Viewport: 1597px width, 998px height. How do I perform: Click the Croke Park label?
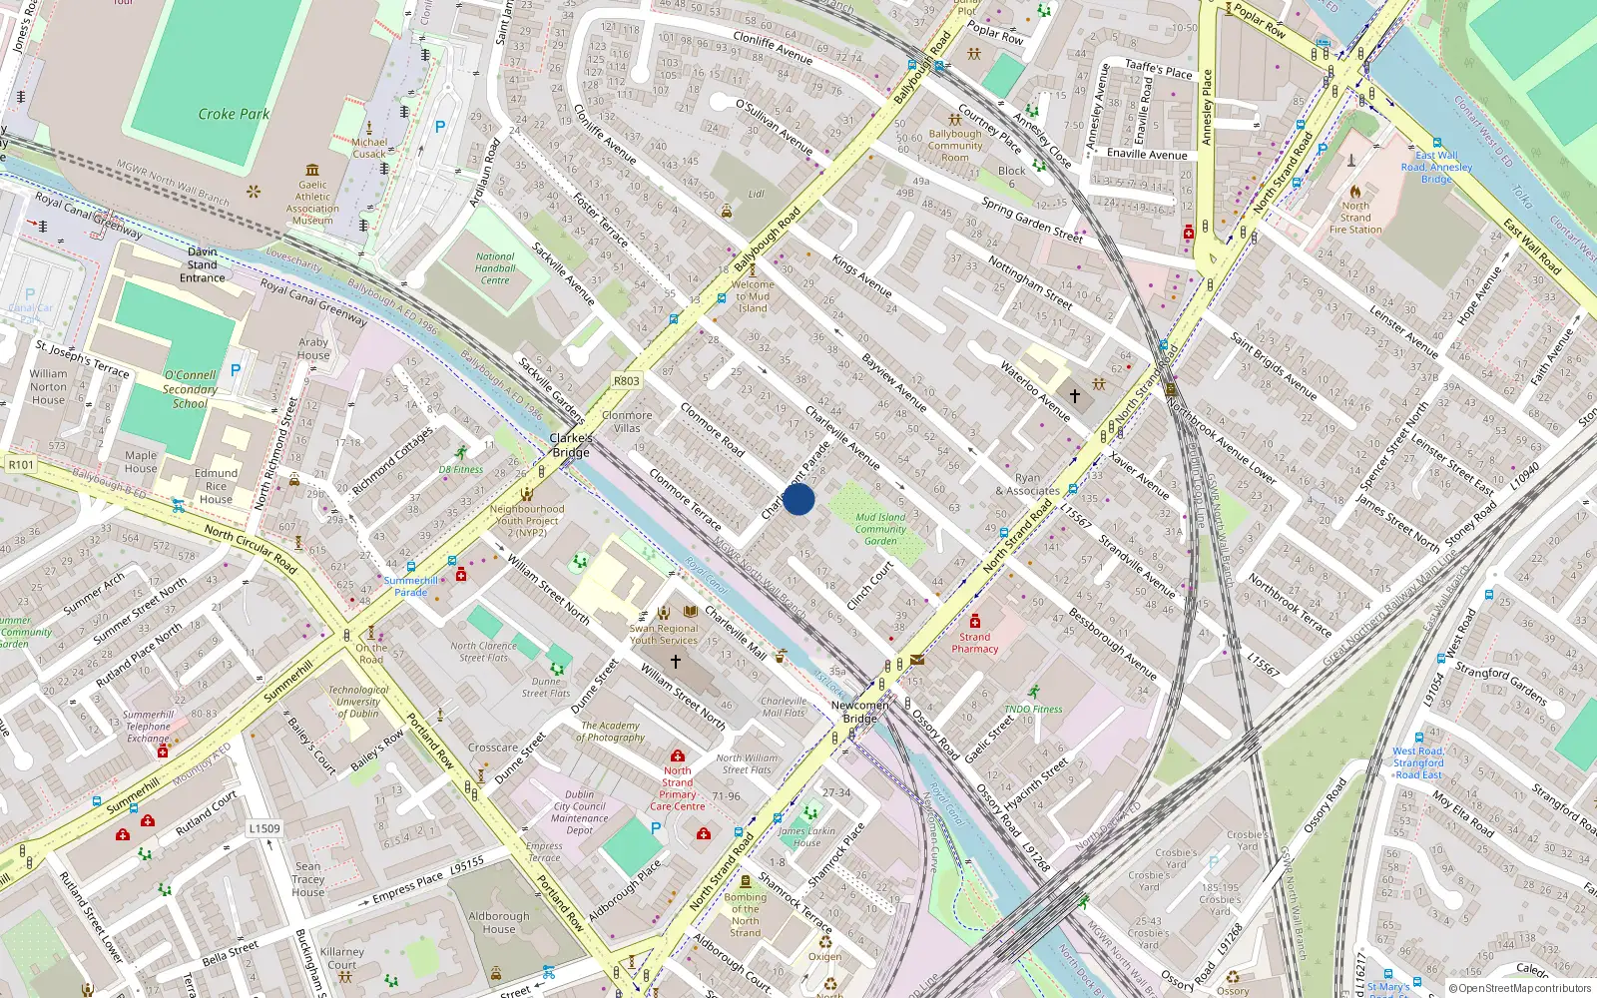click(x=234, y=114)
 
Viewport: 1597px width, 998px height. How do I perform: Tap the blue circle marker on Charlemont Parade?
click(x=798, y=499)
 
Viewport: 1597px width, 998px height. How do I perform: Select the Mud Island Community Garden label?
click(x=880, y=529)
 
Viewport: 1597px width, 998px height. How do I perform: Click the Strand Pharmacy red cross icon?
click(x=975, y=621)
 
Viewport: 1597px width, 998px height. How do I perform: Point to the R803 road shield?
click(x=627, y=381)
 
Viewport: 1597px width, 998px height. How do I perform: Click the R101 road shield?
click(x=21, y=464)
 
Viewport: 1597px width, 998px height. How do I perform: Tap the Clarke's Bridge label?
click(x=571, y=445)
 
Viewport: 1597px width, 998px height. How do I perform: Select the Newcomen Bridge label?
click(x=859, y=712)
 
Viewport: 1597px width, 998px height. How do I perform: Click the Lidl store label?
click(x=757, y=194)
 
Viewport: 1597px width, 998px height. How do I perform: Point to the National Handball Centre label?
click(x=495, y=268)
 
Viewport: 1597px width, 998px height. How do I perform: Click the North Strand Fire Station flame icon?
click(x=1355, y=191)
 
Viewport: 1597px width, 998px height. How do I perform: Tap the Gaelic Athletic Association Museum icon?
click(x=313, y=170)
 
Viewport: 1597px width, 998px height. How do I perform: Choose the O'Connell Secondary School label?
click(x=190, y=389)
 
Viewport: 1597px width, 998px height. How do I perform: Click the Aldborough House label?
click(x=499, y=922)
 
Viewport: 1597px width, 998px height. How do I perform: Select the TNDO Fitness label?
click(x=1034, y=709)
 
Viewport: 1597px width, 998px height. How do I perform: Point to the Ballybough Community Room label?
click(x=955, y=146)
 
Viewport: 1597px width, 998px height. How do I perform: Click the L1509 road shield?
click(x=265, y=828)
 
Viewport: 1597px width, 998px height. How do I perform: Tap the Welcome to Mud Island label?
click(x=753, y=296)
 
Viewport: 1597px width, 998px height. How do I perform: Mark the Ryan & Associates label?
click(x=1027, y=484)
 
